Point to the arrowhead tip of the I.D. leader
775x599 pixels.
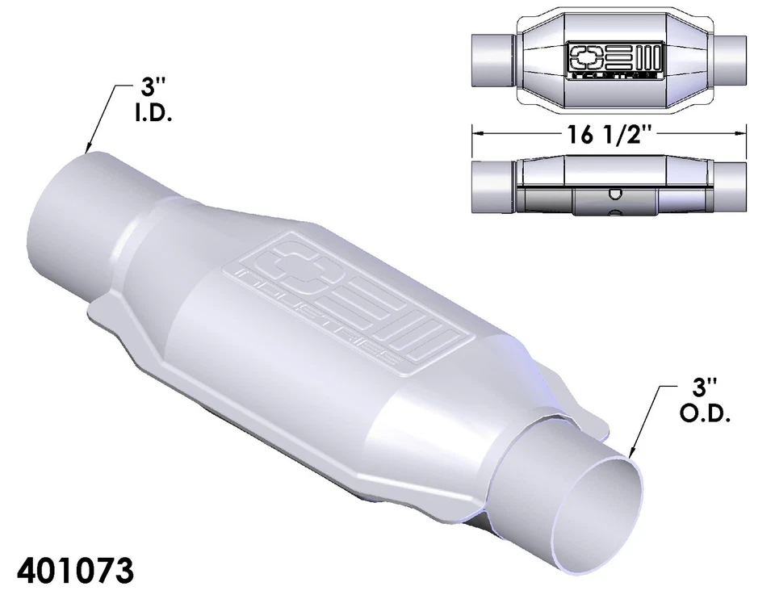(86, 153)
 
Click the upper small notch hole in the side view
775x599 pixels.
(614, 192)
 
